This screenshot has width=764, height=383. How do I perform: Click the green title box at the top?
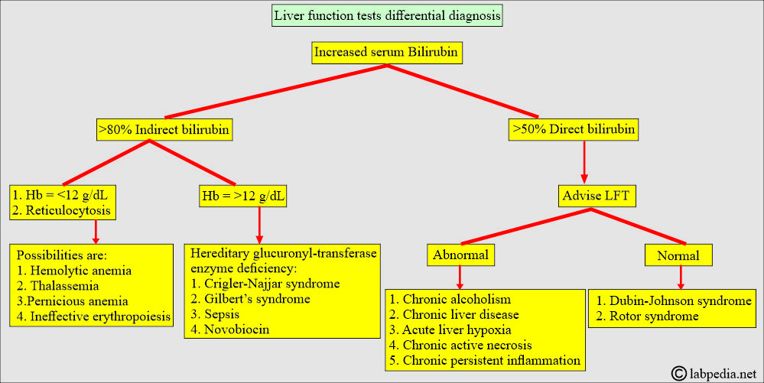click(387, 15)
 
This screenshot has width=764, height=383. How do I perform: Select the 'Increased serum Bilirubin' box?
click(386, 53)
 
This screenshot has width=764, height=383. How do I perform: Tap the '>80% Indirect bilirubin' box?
click(164, 130)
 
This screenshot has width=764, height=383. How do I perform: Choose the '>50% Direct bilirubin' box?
click(574, 129)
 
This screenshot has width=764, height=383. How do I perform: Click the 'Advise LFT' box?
click(597, 196)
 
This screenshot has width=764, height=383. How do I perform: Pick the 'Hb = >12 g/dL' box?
click(242, 196)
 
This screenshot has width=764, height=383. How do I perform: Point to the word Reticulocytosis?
click(68, 210)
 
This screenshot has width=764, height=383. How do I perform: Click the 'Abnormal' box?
click(460, 255)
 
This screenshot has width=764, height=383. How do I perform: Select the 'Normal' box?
click(678, 255)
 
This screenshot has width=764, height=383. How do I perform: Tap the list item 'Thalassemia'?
click(58, 286)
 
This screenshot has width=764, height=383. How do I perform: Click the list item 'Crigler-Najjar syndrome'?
click(265, 284)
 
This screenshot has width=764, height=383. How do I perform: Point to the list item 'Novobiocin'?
click(230, 329)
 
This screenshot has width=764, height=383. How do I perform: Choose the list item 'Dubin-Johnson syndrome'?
click(675, 300)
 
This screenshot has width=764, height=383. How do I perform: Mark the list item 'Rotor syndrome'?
click(648, 316)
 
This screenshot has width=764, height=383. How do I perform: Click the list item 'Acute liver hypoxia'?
click(450, 330)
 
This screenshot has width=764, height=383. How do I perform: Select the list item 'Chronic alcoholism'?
click(450, 299)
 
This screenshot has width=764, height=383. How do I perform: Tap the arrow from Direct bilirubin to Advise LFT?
click(584, 162)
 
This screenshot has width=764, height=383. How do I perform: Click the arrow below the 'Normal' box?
click(681, 278)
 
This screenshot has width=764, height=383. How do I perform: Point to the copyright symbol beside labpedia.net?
click(679, 373)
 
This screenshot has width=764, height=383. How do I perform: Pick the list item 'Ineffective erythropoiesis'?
click(93, 316)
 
